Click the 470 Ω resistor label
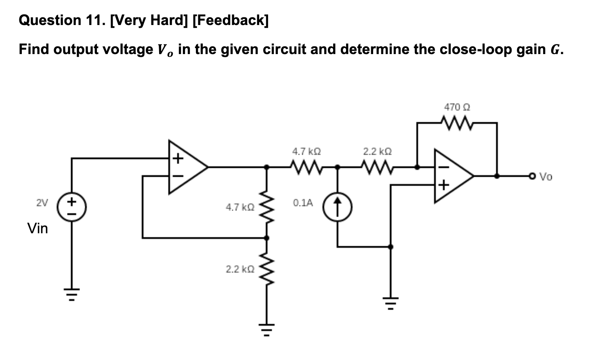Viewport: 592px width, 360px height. click(457, 107)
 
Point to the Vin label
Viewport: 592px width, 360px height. click(37, 229)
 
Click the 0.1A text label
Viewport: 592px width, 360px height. click(303, 203)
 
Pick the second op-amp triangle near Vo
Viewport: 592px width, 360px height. click(452, 176)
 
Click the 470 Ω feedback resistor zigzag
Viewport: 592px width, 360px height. click(457, 122)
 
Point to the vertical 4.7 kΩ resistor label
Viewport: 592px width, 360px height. click(240, 207)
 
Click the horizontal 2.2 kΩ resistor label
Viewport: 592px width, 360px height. click(377, 152)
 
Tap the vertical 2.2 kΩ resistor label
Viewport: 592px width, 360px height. click(240, 269)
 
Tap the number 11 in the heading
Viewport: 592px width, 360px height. click(96, 20)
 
